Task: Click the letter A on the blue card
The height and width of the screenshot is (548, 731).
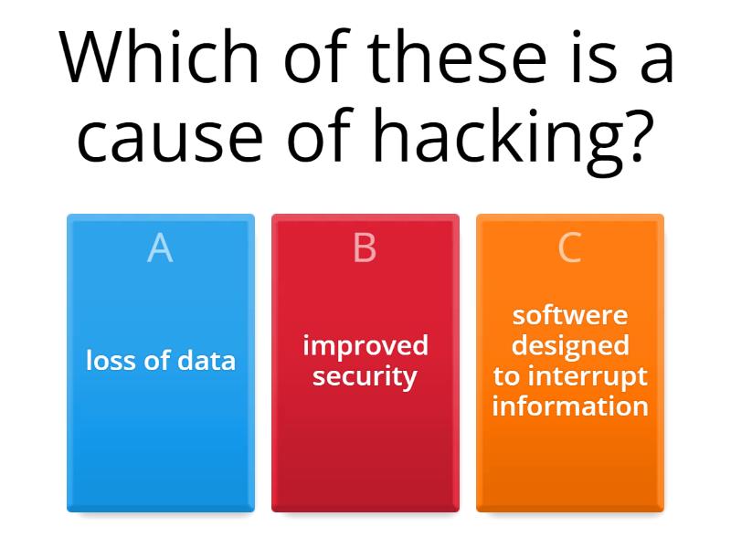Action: [160, 248]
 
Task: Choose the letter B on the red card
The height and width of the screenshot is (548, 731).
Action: [365, 248]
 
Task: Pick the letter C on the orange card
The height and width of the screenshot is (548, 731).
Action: [569, 248]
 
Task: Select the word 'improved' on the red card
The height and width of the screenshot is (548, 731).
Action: [365, 345]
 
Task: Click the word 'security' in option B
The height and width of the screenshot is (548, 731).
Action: [365, 376]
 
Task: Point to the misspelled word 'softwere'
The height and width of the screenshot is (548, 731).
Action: [569, 315]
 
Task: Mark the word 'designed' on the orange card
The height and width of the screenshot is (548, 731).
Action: [569, 345]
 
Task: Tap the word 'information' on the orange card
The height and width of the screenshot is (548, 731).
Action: [569, 406]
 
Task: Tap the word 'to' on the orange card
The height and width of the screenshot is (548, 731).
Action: [506, 376]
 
